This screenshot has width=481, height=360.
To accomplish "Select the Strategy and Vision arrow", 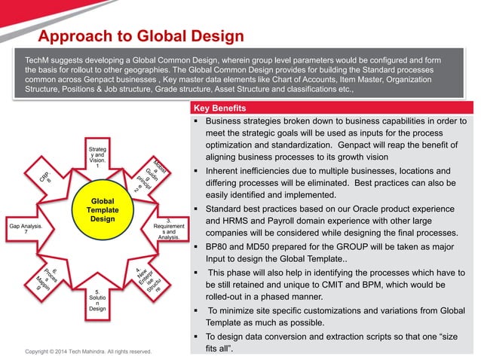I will click(x=97, y=154).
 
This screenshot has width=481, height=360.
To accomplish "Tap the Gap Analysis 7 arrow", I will click(x=28, y=229).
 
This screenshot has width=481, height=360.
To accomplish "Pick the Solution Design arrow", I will click(x=97, y=298).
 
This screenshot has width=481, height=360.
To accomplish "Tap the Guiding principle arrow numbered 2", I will click(x=148, y=178).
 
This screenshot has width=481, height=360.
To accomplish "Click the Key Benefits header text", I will click(x=214, y=108).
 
